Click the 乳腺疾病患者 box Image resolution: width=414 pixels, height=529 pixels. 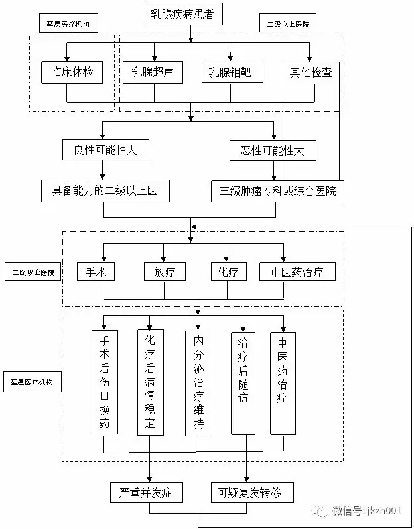(190, 14)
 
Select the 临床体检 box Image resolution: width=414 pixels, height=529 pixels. (72, 72)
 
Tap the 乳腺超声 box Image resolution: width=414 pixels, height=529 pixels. (153, 72)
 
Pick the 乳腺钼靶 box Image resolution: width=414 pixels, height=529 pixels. (232, 72)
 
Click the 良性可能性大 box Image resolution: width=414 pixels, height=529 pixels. (106, 150)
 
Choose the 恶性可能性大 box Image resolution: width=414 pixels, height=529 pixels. (273, 150)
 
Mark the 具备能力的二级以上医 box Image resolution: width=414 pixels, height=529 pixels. (106, 191)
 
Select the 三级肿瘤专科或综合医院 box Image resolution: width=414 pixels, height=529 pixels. (277, 191)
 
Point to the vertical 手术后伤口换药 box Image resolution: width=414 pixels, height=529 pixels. (104, 382)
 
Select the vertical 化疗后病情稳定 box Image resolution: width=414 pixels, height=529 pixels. (149, 382)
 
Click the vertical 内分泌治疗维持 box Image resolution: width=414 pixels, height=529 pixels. (198, 382)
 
